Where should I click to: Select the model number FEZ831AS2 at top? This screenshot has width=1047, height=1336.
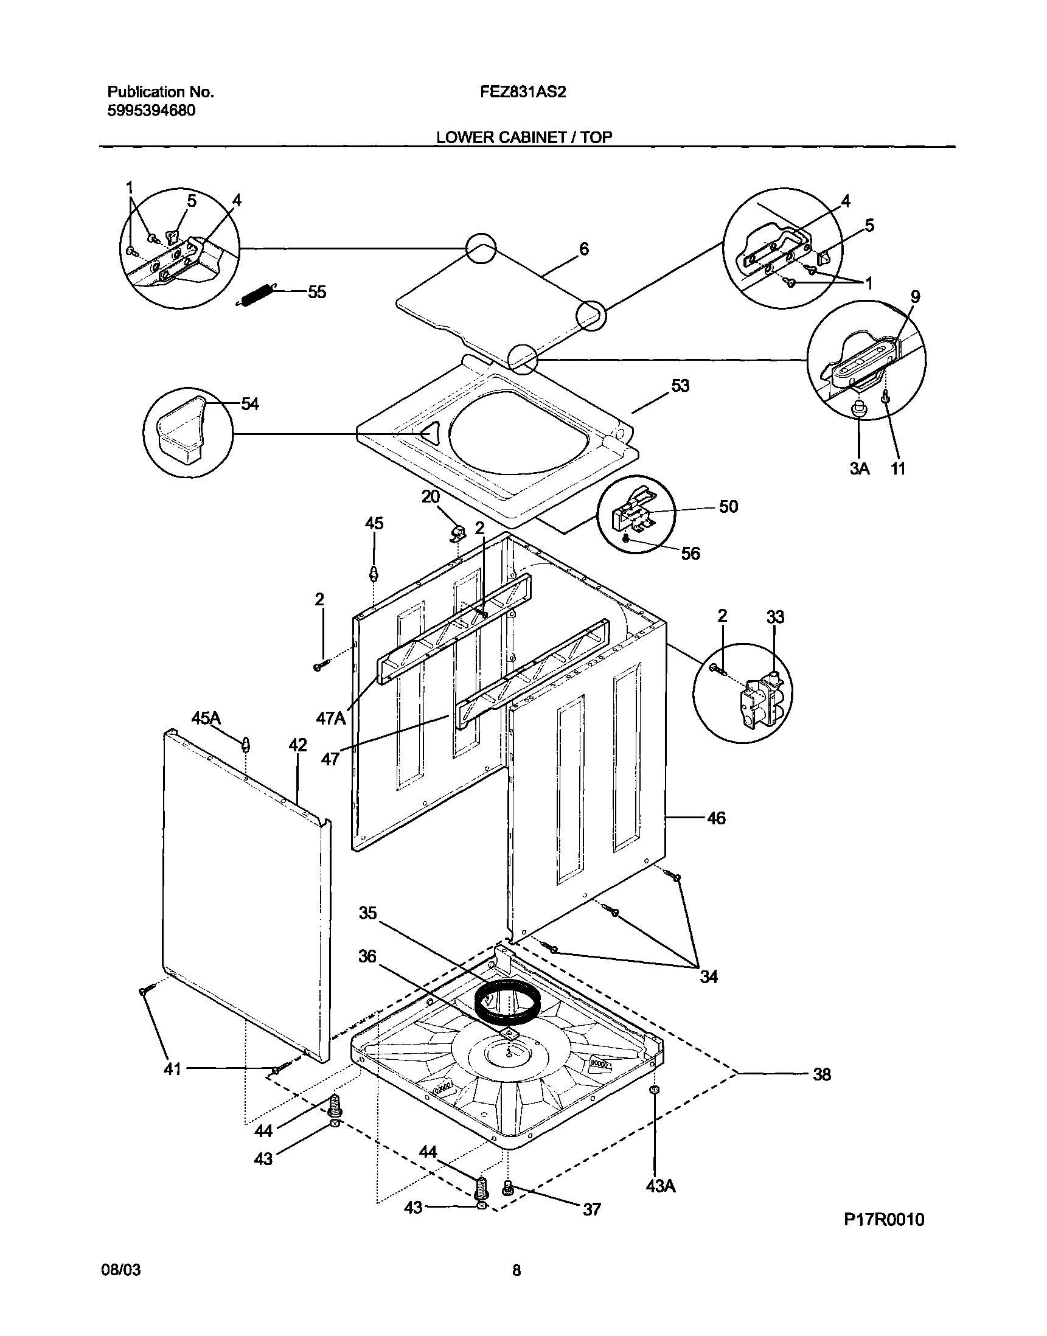click(523, 92)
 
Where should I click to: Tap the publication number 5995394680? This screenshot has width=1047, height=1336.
click(151, 111)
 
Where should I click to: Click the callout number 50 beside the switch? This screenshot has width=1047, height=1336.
click(728, 506)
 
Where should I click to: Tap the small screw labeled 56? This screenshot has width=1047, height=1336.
click(625, 538)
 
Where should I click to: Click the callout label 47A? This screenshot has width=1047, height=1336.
click(331, 718)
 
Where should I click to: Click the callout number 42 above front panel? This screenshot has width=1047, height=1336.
click(298, 745)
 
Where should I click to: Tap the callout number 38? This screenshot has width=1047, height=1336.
click(821, 1074)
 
